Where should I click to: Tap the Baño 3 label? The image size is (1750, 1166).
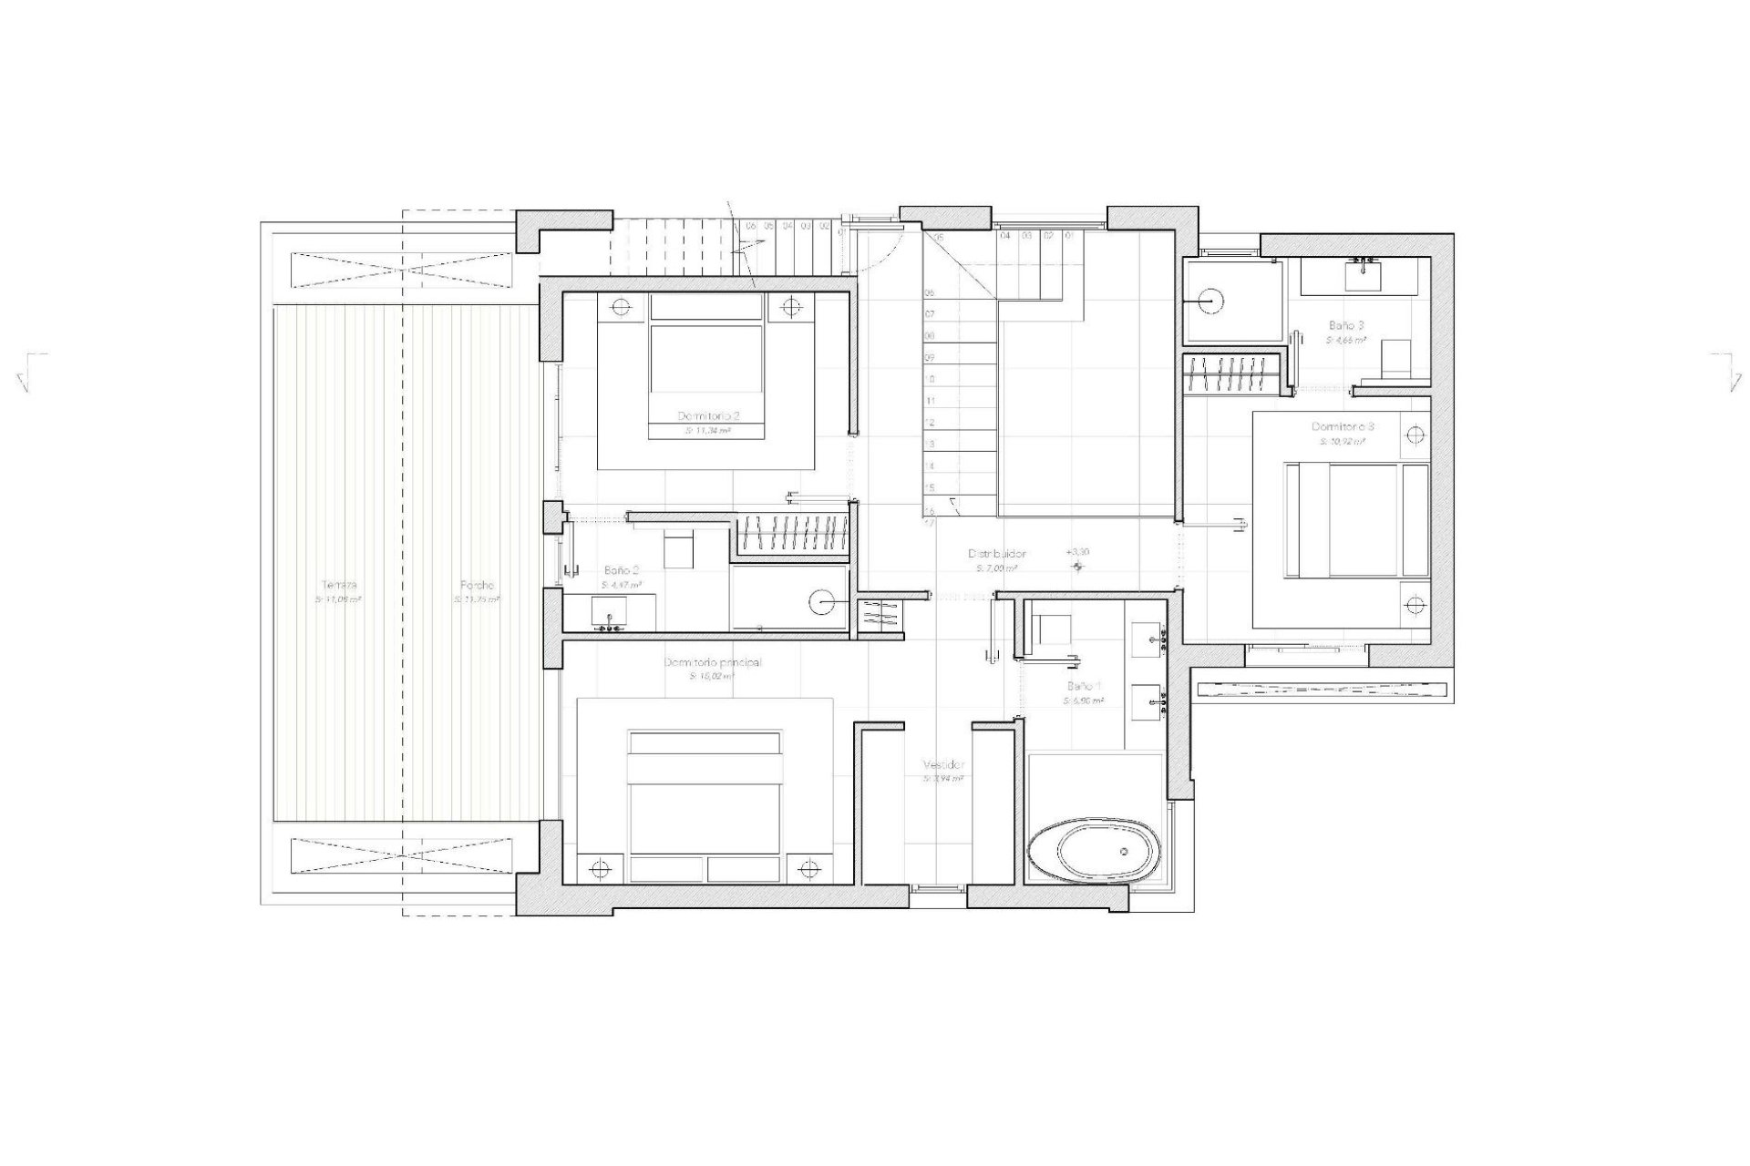(1346, 324)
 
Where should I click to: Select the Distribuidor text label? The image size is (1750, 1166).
(997, 553)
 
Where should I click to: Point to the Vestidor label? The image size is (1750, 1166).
(943, 765)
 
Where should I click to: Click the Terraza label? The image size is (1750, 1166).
(338, 585)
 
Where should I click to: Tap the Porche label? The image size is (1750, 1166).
(477, 585)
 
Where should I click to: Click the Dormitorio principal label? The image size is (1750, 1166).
(713, 662)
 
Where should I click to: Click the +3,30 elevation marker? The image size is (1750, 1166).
(1077, 552)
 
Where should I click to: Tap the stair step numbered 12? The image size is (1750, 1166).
(930, 423)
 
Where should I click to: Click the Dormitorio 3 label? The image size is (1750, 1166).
(1343, 426)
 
